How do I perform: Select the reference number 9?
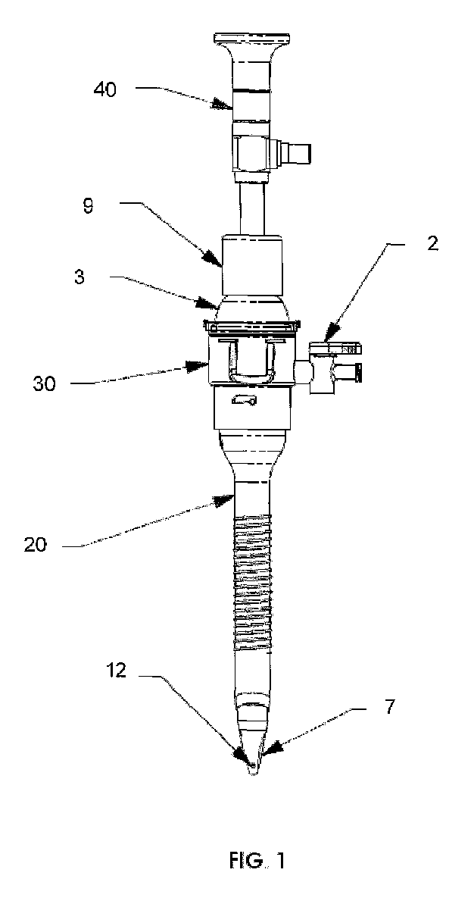pyautogui.click(x=89, y=205)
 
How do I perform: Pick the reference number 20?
pyautogui.click(x=38, y=545)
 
